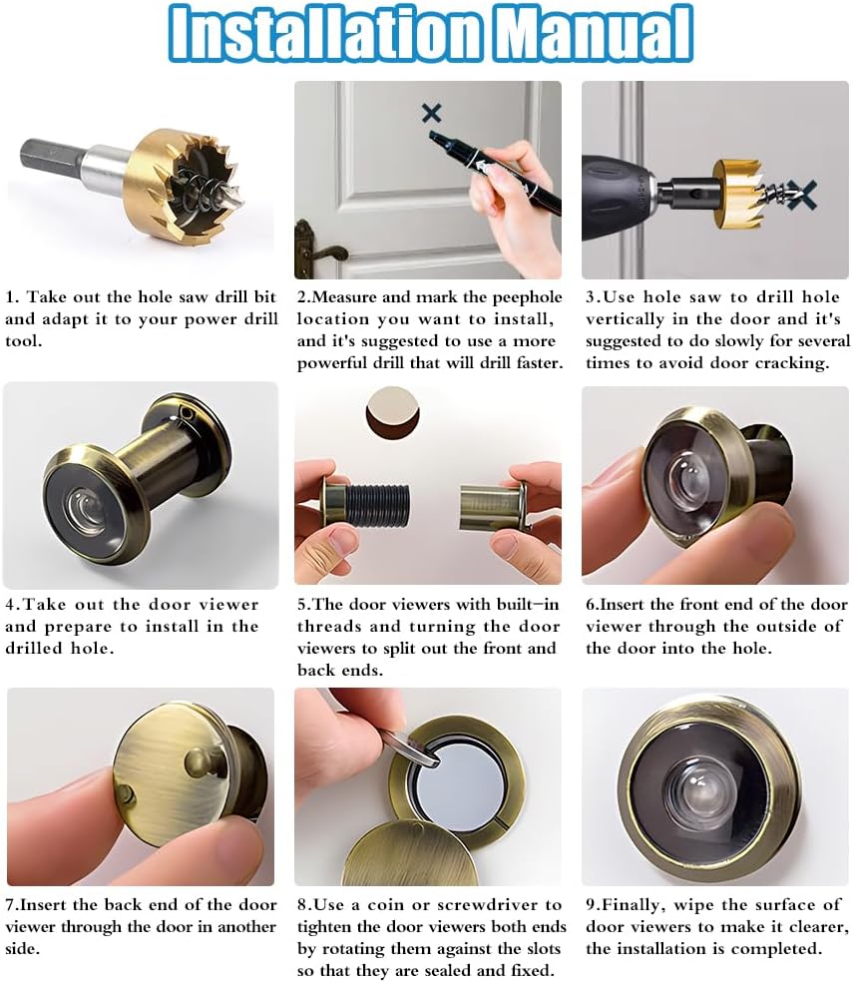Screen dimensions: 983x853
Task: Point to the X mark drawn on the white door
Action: pos(432,112)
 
